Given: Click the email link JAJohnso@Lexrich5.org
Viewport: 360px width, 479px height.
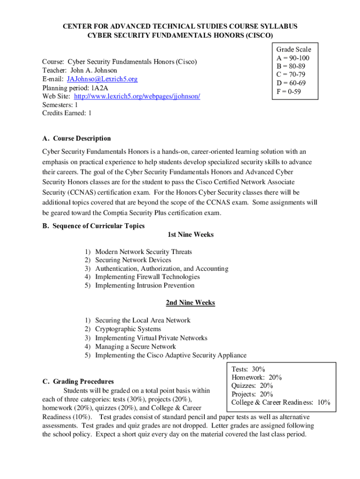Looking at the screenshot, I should tap(102, 79).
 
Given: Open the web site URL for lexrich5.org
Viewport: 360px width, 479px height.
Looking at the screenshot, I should tap(137, 96).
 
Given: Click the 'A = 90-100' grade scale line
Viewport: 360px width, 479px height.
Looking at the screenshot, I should tap(293, 58).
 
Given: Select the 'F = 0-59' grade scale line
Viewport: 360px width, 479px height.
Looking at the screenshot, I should tap(289, 92).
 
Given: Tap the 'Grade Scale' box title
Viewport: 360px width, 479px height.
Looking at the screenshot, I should tap(294, 50).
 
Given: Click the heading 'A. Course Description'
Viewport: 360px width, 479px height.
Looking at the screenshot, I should tap(77, 138).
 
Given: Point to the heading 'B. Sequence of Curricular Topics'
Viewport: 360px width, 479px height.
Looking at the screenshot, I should tap(94, 226).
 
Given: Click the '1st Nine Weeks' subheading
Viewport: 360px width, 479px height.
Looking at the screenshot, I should tap(190, 234).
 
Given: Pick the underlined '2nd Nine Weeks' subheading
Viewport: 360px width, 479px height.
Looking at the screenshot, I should tap(190, 303).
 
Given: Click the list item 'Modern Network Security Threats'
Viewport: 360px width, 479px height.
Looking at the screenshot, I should tap(144, 252).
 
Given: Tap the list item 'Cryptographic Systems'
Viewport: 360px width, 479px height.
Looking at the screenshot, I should tap(128, 329).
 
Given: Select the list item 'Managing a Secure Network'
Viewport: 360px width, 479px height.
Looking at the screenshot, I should tap(136, 347).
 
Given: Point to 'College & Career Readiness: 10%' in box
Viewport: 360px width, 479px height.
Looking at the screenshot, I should tap(281, 402).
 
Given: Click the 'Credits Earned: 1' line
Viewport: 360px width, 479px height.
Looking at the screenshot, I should tap(67, 113).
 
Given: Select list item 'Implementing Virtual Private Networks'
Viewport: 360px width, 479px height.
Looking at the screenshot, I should tap(151, 338).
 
